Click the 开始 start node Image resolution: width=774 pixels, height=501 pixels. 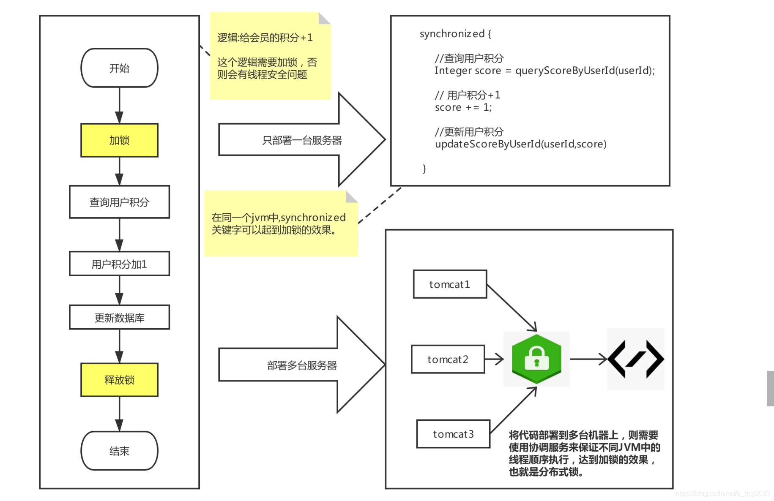pos(119,68)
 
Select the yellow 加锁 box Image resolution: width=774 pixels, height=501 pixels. pos(119,140)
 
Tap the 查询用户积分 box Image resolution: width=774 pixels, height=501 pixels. pos(119,202)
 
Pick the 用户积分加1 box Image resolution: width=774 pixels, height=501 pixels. pos(119,264)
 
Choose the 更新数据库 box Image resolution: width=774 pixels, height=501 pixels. pos(119,317)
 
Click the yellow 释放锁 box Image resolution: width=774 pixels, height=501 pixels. pos(119,380)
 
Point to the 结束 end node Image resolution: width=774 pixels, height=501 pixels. pos(119,451)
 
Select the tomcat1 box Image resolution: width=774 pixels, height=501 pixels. pos(450,284)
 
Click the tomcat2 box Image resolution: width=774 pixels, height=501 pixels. pos(448,359)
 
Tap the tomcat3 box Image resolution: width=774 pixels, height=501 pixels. pos(453,434)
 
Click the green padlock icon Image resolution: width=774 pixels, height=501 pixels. pos(536,359)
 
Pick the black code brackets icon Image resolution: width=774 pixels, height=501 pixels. pos(635,359)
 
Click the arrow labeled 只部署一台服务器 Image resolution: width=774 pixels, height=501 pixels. pos(302,140)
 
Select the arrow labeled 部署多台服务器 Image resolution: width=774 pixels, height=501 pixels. pos(302,365)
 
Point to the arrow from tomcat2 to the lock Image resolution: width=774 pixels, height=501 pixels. pos(494,359)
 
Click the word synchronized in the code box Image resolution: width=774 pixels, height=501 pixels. pos(452,34)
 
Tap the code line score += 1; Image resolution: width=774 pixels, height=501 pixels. pos(463,107)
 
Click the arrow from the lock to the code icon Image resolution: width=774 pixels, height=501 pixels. pos(588,359)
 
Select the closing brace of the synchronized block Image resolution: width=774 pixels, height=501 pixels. pos(424,169)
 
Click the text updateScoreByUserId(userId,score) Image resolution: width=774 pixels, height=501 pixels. pos(520,144)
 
